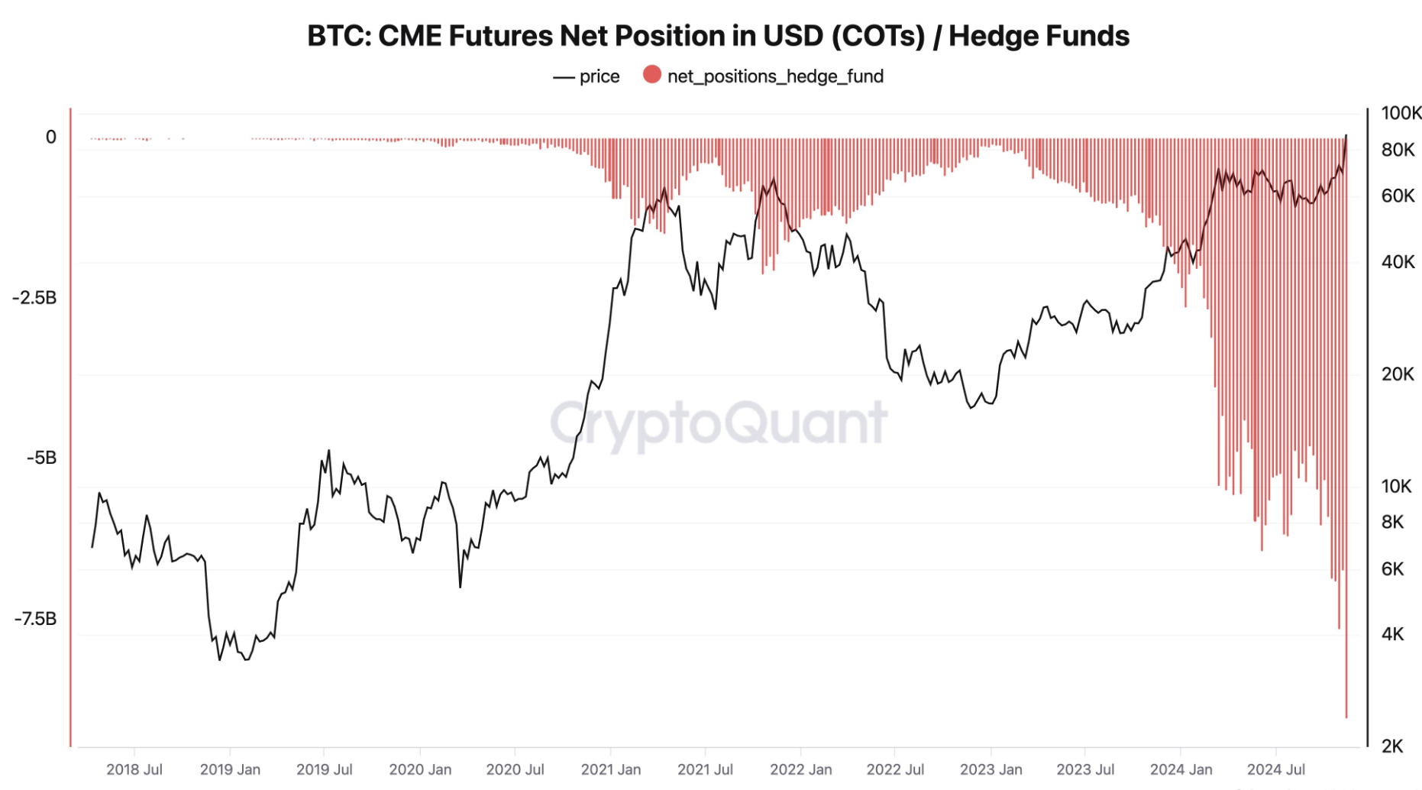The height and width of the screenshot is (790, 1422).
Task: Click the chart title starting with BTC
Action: click(718, 36)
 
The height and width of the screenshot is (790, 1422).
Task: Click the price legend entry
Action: click(587, 76)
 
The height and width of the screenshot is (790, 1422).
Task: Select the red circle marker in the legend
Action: click(651, 74)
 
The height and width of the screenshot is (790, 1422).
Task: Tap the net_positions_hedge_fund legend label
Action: click(775, 76)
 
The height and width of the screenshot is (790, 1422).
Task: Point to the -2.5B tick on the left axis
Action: click(34, 297)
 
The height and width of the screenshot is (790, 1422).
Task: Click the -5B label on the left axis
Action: click(41, 458)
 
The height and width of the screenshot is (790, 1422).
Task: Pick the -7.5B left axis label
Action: click(34, 618)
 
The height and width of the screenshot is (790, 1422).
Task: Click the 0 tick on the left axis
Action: click(51, 137)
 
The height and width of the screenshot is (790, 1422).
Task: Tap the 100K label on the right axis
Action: click(1401, 113)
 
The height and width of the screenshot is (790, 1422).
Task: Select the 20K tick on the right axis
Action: click(1398, 374)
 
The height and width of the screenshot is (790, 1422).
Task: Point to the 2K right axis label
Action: click(1392, 746)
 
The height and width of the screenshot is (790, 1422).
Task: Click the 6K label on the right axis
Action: click(1392, 568)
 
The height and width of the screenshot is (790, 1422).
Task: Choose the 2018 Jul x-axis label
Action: click(134, 769)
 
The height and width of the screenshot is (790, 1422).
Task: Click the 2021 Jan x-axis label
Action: click(611, 769)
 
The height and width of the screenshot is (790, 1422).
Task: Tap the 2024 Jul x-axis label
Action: click(1276, 769)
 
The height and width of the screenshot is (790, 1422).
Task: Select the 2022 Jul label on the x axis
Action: click(895, 769)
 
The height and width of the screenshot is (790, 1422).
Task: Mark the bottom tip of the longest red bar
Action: click(1346, 717)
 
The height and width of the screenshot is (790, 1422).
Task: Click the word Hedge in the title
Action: click(990, 36)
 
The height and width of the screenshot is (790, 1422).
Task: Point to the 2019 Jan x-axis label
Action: click(230, 769)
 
